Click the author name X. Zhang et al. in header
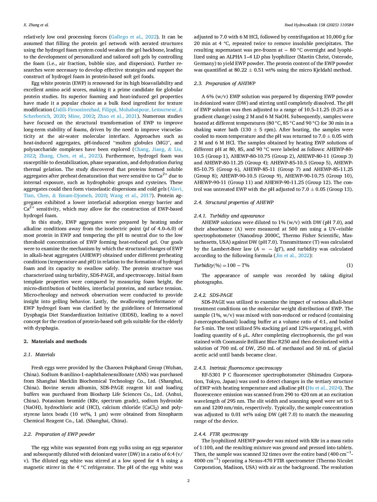(36, 25)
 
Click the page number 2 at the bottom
(188, 481)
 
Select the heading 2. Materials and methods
(55, 341)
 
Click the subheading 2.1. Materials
(39, 354)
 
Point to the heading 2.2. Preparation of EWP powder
(59, 434)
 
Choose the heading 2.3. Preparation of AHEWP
(225, 83)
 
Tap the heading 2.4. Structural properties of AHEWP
(234, 202)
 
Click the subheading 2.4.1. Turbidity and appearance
(229, 216)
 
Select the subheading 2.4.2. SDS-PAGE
(213, 295)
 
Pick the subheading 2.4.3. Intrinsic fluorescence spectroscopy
(238, 368)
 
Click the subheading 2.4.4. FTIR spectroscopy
(221, 434)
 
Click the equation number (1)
(349, 265)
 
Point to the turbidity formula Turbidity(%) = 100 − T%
(222, 265)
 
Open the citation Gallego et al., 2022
(134, 37)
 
